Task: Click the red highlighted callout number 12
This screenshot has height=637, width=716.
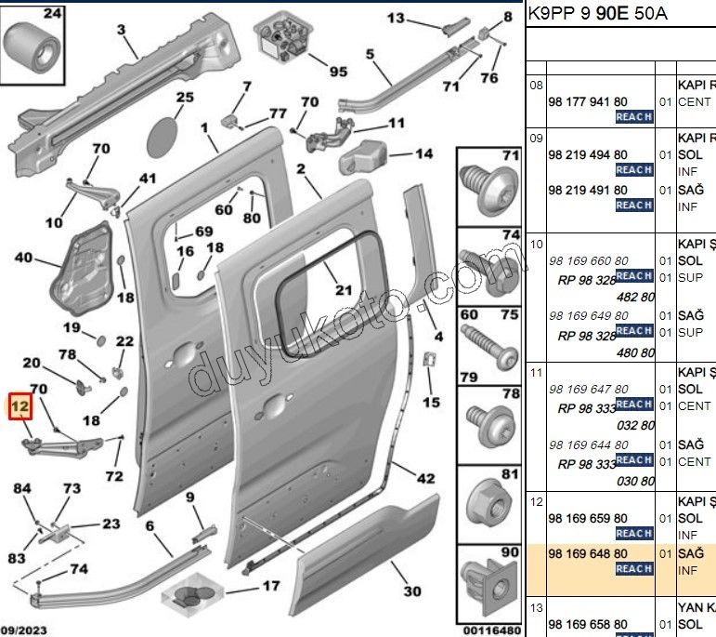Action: (20, 406)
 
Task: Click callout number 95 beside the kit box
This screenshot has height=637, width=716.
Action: (336, 72)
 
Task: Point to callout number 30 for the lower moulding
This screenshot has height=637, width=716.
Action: (412, 591)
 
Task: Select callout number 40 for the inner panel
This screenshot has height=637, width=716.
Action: (23, 258)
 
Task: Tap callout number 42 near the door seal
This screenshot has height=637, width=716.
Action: (425, 480)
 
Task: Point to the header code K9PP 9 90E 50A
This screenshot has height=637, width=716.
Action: (597, 15)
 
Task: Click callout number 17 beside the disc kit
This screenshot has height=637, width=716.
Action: (270, 586)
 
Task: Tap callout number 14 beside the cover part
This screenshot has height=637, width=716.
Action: (423, 154)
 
